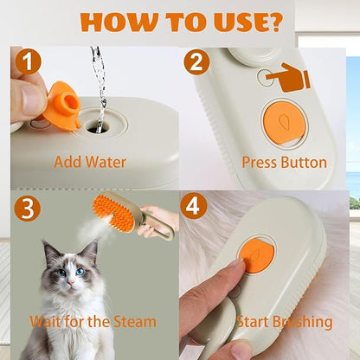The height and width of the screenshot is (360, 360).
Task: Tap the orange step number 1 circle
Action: tap(27, 63)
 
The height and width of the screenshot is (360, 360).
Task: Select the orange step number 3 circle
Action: tap(27, 209)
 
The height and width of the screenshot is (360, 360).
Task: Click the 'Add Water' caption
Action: tap(89, 161)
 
